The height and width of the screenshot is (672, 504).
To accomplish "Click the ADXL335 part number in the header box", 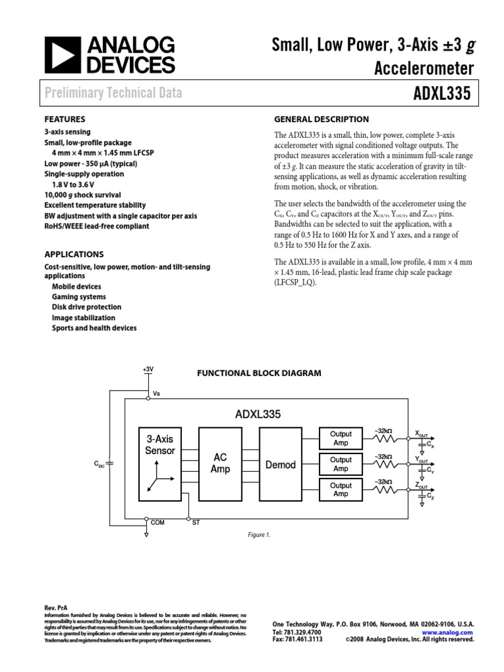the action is click(441, 93).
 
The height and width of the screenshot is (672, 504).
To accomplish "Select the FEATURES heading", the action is click(64, 119).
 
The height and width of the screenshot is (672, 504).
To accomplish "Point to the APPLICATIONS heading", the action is click(73, 254).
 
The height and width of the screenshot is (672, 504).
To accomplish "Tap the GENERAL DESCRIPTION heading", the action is click(321, 119).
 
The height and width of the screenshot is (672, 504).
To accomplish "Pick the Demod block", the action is click(280, 465).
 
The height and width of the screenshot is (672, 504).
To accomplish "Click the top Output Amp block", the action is click(341, 438).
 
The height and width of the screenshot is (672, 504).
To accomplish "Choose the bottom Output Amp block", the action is click(341, 490).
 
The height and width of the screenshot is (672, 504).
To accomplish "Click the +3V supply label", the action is click(148, 369).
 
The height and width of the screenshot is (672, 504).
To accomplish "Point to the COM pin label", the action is click(157, 522).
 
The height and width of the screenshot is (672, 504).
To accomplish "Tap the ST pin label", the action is click(196, 522).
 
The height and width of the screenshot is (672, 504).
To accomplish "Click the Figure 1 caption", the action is click(259, 535).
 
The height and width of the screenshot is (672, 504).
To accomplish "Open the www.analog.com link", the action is click(452, 631).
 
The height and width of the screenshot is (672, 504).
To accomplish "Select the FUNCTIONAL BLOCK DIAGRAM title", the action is click(259, 373).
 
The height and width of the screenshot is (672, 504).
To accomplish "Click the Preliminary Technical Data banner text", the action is click(114, 93).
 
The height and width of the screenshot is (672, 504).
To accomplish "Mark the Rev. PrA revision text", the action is click(56, 608).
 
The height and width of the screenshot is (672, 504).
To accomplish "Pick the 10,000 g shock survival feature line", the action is click(82, 195).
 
